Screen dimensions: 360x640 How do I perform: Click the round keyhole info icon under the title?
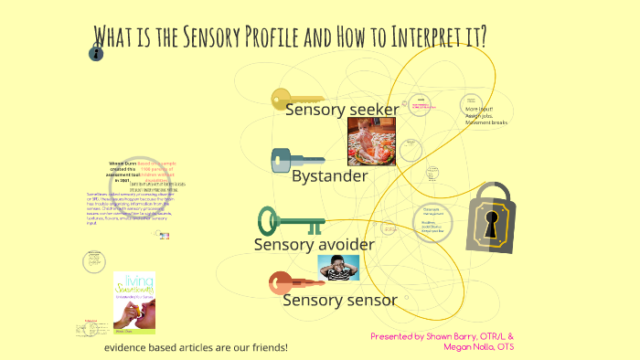pos(96,54)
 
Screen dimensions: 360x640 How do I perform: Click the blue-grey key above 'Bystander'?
pos(296,159)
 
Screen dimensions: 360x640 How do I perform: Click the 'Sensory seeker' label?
pos(341,111)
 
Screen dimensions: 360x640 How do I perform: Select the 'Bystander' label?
pos(329,175)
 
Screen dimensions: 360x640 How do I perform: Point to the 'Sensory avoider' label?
pos(314,244)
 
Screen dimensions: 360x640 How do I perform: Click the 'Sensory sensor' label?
pos(339,300)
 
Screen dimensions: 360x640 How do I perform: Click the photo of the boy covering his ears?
pos(337,267)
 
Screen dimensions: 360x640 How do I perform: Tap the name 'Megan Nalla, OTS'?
pos(477,346)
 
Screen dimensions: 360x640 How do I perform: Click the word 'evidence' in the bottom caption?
pos(130,347)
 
